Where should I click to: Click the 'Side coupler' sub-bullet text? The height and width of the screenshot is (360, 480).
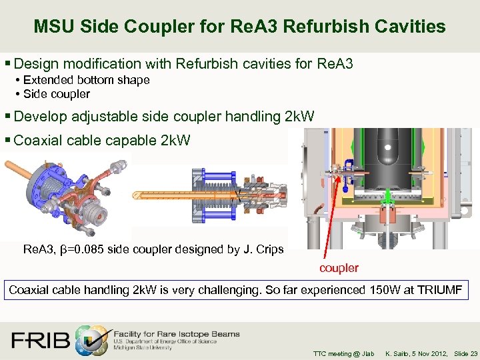point(56,94)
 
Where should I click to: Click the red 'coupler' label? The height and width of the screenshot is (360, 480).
point(339,268)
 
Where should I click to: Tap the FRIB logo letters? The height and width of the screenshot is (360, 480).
point(40,340)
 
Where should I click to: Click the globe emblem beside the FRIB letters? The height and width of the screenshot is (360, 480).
point(90,339)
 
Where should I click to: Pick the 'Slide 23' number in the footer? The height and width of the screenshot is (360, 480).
point(465,353)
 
